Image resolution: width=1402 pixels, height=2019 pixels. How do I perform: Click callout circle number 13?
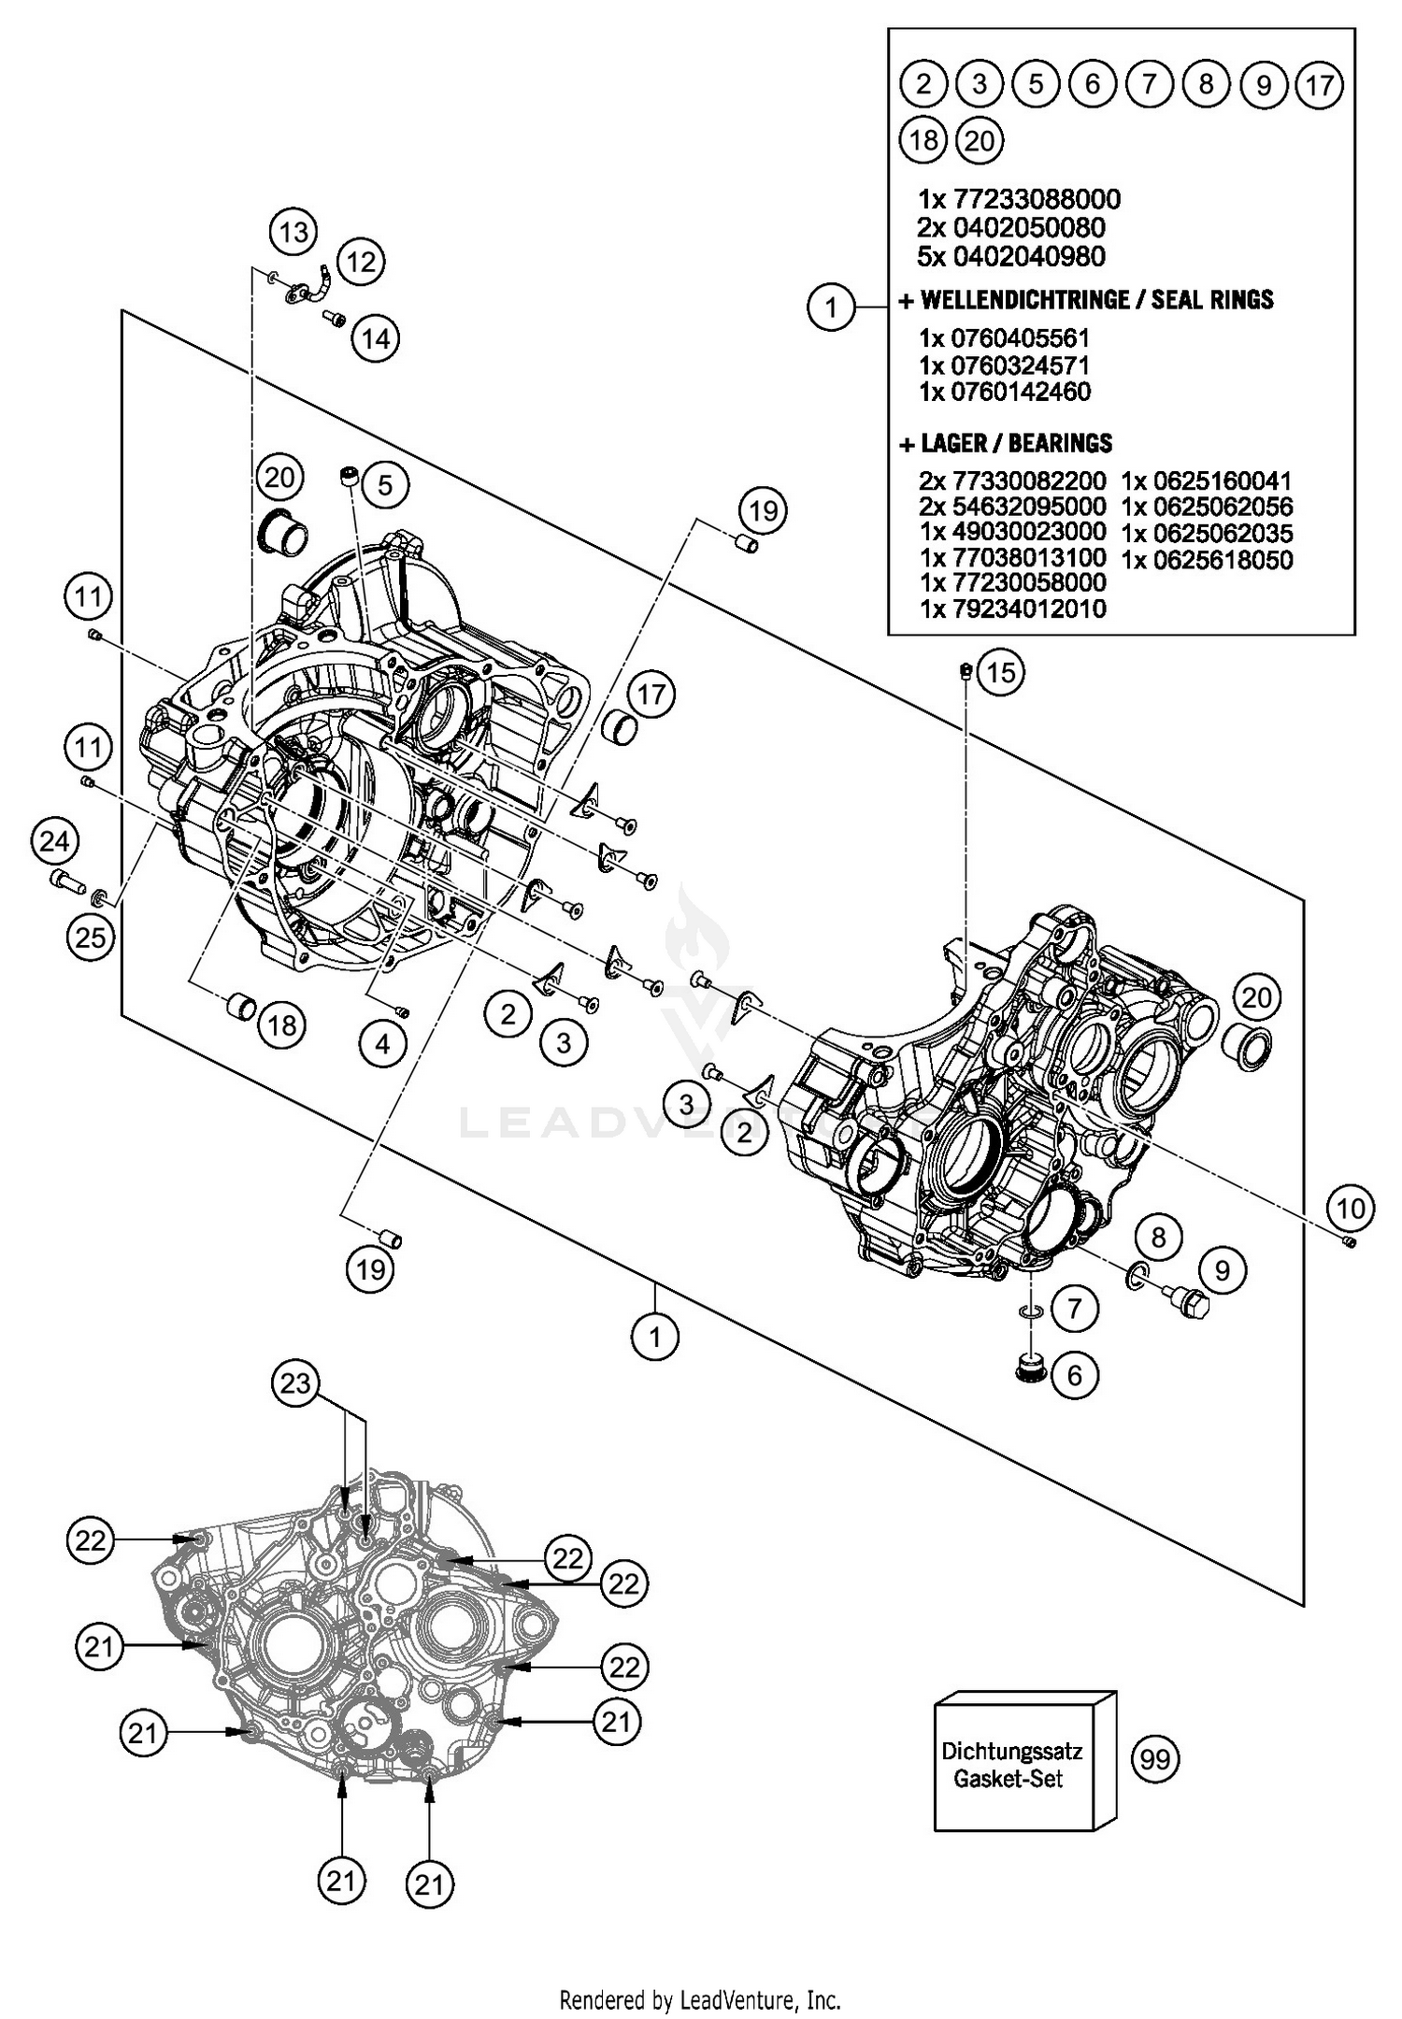(x=293, y=231)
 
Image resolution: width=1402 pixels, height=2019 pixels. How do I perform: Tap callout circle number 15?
(x=1000, y=672)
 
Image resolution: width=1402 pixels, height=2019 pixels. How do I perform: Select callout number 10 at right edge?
(x=1351, y=1209)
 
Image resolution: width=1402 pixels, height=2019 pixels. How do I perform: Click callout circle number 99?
(x=1155, y=1759)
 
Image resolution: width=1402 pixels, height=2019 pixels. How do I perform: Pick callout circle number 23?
(x=295, y=1382)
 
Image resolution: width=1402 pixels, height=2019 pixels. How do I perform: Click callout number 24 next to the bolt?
(x=54, y=841)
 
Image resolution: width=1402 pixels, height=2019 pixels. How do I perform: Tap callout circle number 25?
(x=91, y=936)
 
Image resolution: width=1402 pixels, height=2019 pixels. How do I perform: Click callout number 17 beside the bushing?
(x=651, y=694)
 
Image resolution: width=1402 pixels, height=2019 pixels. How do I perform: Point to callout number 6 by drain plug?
(x=1074, y=1375)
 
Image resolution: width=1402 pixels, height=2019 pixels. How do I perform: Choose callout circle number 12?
(x=361, y=261)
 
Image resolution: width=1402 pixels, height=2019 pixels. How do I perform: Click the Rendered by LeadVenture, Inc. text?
(x=700, y=1999)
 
